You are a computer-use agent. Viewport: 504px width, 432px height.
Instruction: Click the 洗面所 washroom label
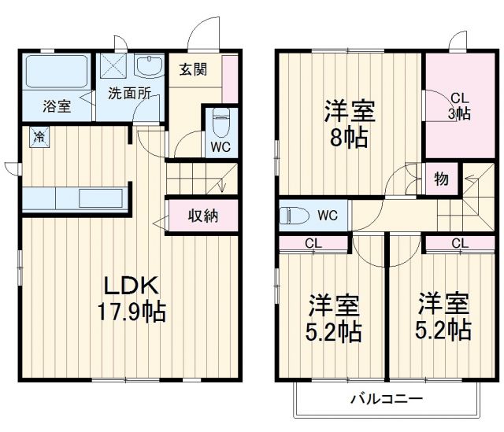coord(128,93)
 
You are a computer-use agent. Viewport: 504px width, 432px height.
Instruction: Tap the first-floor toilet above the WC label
coord(220,122)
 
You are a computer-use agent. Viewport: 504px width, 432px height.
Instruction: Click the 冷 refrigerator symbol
coord(39,137)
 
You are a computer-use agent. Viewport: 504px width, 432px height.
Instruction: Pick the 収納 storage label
coord(202,216)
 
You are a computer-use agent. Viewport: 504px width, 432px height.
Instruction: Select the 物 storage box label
coord(442,179)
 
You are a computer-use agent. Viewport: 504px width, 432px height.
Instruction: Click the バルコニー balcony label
coord(386,398)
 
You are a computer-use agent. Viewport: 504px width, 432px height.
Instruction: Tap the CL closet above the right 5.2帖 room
coord(461,243)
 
